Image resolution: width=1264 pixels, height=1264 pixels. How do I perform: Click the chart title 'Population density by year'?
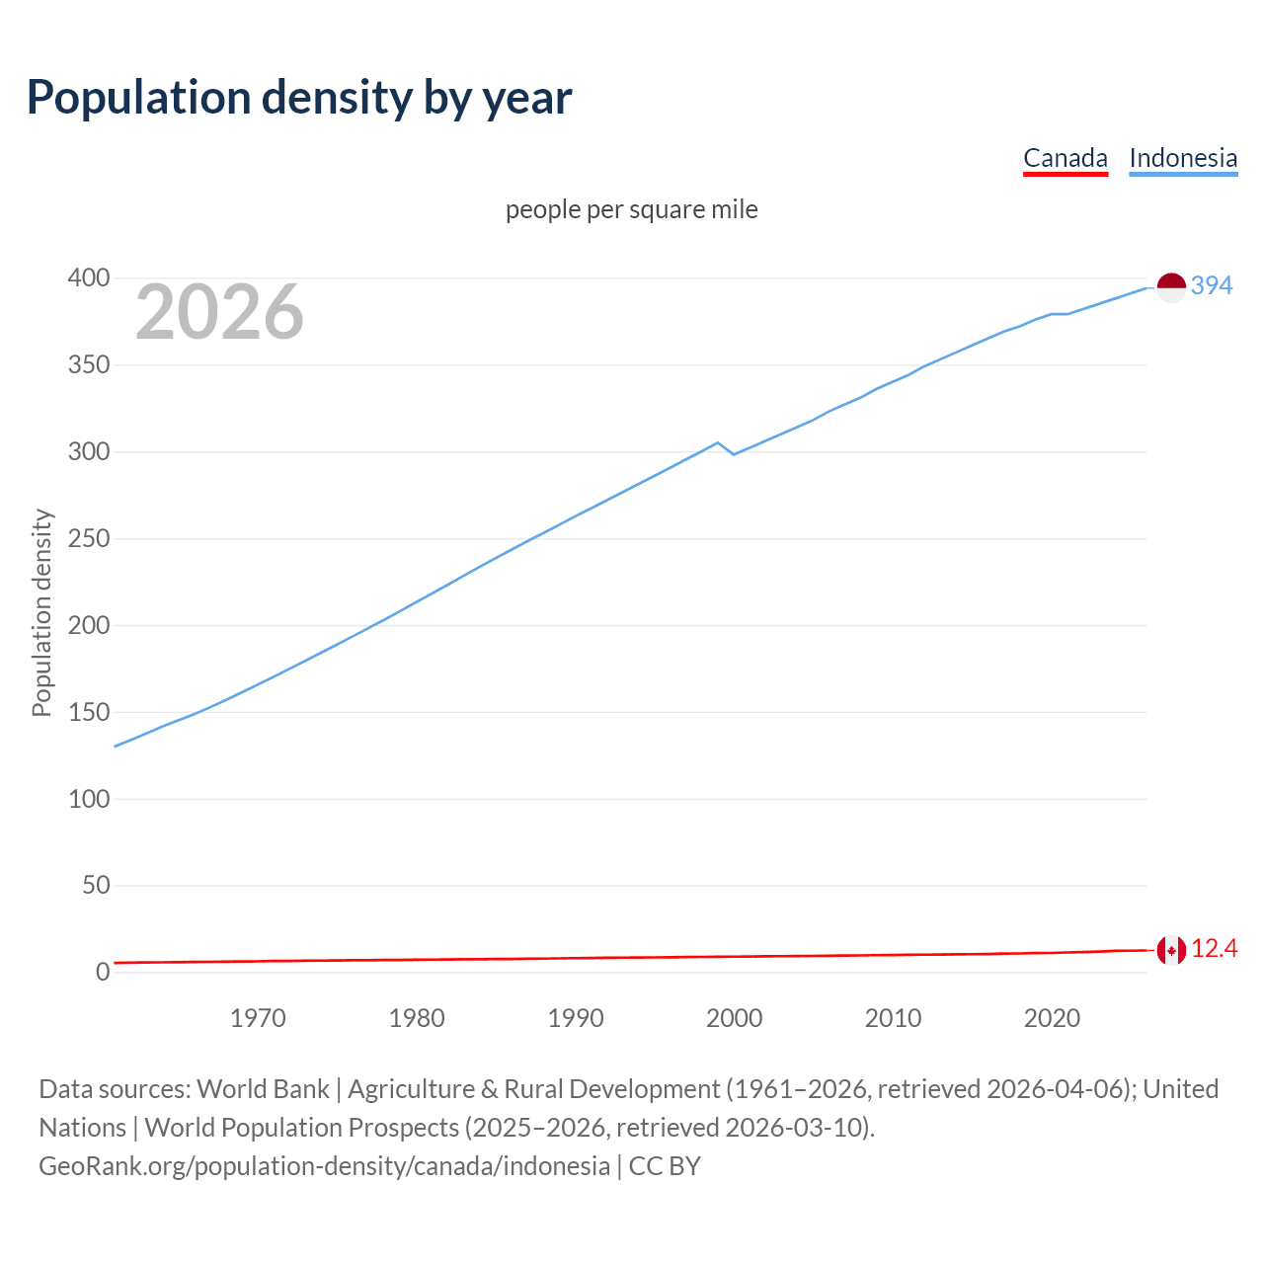(x=299, y=97)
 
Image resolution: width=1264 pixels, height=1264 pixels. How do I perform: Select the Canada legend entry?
(x=1065, y=158)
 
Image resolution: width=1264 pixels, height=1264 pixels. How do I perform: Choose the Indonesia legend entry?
(x=1182, y=158)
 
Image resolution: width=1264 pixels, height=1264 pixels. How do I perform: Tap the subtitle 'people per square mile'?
(x=631, y=209)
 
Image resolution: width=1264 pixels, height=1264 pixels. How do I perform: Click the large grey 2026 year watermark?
(x=219, y=312)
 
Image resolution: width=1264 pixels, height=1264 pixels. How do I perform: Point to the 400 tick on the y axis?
(x=89, y=278)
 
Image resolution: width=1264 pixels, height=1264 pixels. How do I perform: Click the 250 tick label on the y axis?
(x=89, y=539)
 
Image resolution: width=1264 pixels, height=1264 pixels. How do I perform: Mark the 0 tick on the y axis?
(x=102, y=972)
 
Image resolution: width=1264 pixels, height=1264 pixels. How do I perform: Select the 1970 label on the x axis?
(x=258, y=1018)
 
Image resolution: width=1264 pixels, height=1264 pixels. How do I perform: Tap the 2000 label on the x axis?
(x=734, y=1018)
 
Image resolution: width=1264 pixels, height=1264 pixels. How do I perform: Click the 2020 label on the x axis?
(x=1052, y=1018)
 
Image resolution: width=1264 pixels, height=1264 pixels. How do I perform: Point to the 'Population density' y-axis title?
(x=41, y=612)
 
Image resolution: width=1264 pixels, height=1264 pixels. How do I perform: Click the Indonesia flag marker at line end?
(x=1170, y=287)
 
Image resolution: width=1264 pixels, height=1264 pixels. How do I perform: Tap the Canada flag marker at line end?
(x=1170, y=951)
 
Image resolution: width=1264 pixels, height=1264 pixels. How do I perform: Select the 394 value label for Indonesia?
(x=1212, y=285)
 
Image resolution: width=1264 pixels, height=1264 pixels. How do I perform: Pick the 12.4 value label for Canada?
(x=1214, y=949)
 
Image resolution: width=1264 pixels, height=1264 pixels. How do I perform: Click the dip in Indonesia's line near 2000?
(x=733, y=453)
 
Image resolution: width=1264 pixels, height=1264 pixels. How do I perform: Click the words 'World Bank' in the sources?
(x=263, y=1088)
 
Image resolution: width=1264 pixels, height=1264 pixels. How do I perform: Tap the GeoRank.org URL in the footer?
(x=324, y=1165)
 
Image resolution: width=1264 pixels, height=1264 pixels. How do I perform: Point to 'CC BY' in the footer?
(x=665, y=1165)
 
